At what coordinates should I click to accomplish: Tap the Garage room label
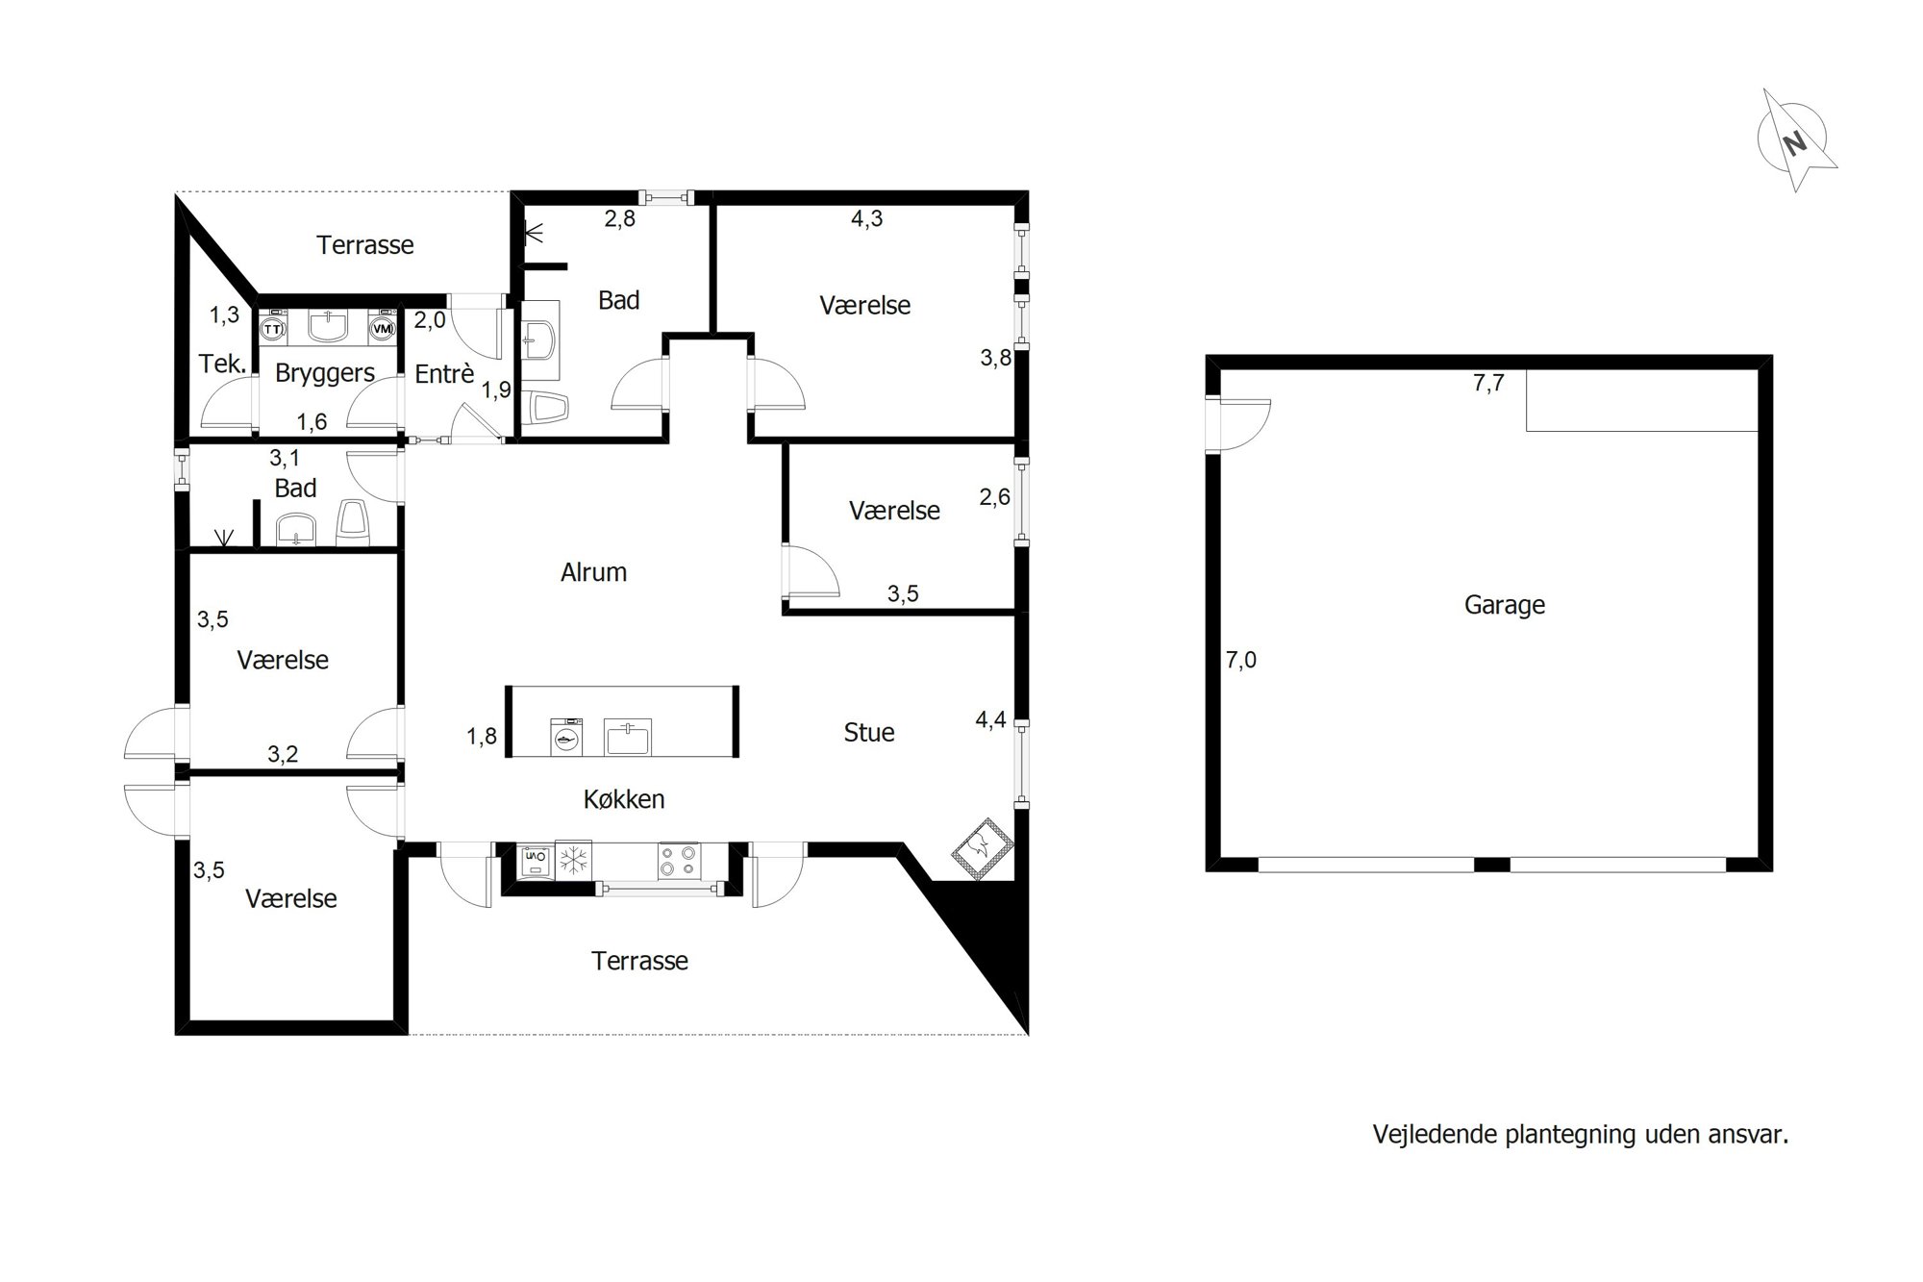point(1505,605)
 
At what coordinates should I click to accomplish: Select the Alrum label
point(593,572)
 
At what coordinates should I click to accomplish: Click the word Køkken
point(624,799)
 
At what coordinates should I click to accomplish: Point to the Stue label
point(869,733)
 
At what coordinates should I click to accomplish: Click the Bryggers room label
point(325,373)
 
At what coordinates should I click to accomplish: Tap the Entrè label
point(444,373)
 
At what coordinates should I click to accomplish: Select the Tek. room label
point(223,364)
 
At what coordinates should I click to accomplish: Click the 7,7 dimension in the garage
point(1488,383)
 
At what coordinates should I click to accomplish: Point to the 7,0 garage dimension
point(1241,660)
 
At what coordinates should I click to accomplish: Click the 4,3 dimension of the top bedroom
point(866,218)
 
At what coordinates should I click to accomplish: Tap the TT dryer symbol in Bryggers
point(273,327)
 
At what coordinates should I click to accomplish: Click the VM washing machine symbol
point(383,327)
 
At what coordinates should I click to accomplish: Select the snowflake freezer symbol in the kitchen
point(573,861)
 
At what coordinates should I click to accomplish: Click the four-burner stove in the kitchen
point(679,861)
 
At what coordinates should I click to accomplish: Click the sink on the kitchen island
point(628,738)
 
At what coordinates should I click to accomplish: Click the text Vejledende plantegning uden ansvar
point(1581,1135)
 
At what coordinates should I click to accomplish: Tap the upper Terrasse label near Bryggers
point(365,245)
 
